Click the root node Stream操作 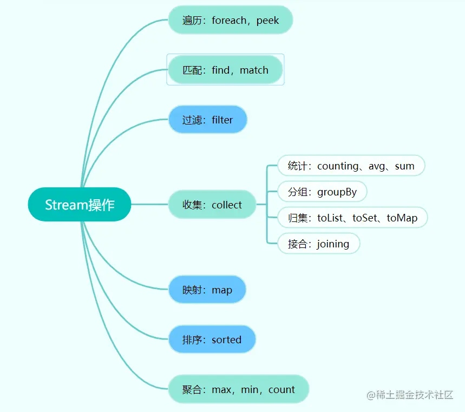point(80,205)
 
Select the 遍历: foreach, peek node point(231,20)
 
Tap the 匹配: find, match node point(225,70)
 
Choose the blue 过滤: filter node point(207,120)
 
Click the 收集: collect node point(212,205)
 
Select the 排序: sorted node point(212,339)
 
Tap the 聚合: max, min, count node point(238,389)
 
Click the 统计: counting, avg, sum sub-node point(351,166)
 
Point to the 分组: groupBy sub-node point(322,192)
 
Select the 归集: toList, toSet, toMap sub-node point(352,218)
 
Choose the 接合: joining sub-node point(318,244)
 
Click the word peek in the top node point(268,21)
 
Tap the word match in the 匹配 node point(254,70)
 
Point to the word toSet point(364,218)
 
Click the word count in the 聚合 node point(281,389)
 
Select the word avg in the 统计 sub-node point(377,166)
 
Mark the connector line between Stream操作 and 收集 point(149,205)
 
